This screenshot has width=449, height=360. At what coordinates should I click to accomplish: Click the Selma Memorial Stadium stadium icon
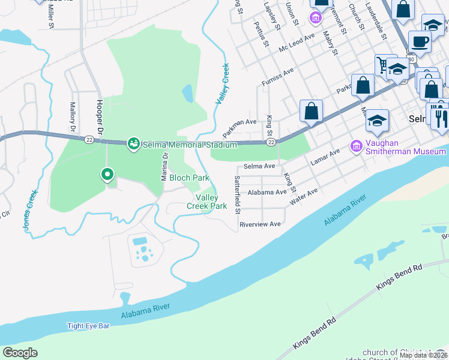click(133, 143)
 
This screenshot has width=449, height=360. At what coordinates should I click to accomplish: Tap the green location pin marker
click(107, 175)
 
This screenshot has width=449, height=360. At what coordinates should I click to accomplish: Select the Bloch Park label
click(189, 178)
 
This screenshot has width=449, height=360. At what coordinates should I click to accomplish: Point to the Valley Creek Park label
click(211, 202)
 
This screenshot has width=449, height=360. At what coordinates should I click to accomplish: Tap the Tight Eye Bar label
click(88, 326)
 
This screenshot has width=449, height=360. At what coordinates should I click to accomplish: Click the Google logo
click(20, 353)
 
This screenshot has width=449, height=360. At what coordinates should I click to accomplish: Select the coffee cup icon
click(420, 42)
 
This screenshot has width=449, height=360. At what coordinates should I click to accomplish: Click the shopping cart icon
click(384, 65)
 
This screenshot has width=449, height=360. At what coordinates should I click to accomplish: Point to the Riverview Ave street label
click(260, 224)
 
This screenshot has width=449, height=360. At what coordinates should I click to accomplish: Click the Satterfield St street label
click(238, 195)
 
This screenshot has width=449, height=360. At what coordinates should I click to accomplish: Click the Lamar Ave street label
click(325, 158)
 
